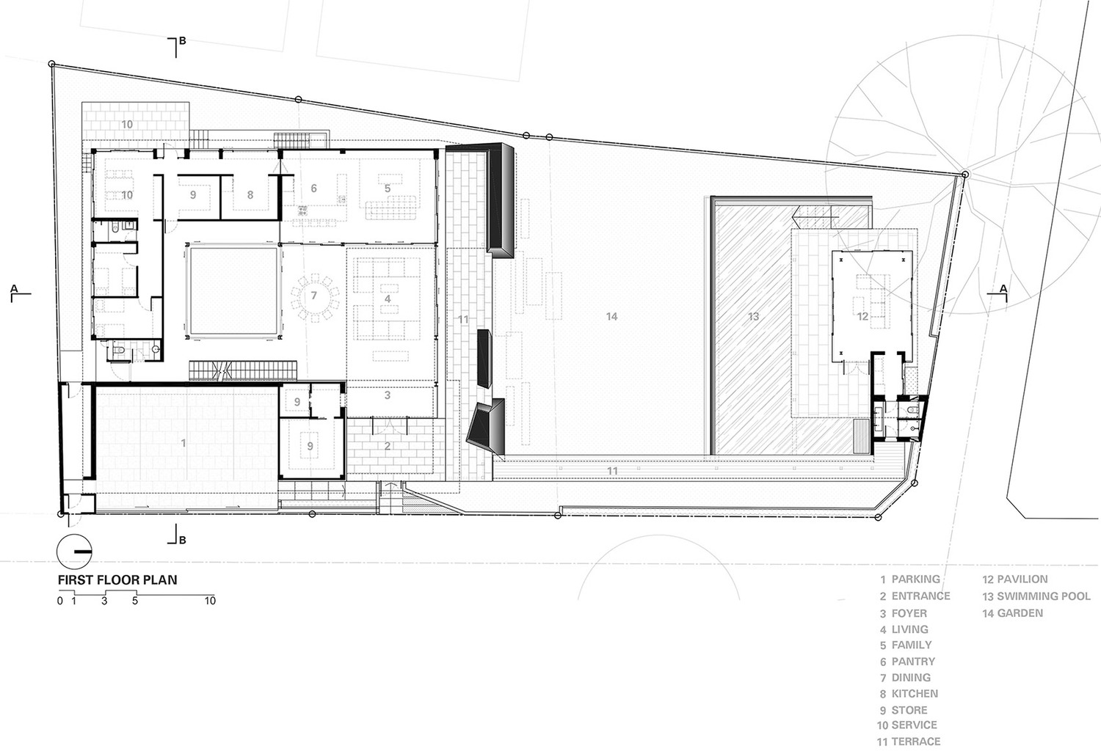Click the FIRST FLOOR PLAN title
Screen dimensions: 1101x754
117,579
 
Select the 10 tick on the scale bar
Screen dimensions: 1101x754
211,600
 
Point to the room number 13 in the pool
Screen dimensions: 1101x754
754,317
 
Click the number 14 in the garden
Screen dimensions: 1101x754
611,317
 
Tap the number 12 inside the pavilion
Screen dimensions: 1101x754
862,317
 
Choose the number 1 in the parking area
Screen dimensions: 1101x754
183,444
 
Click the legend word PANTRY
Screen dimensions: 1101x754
913,662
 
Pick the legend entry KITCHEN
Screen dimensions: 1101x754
915,694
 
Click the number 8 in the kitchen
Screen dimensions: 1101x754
250,195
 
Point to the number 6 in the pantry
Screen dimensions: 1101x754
313,188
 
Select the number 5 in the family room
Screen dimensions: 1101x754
388,188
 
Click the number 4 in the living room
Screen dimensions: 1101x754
388,299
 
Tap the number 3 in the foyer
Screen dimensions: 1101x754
388,395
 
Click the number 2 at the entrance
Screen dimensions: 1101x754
388,446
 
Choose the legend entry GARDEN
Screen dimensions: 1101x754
1020,613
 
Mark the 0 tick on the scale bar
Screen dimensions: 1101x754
60,600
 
